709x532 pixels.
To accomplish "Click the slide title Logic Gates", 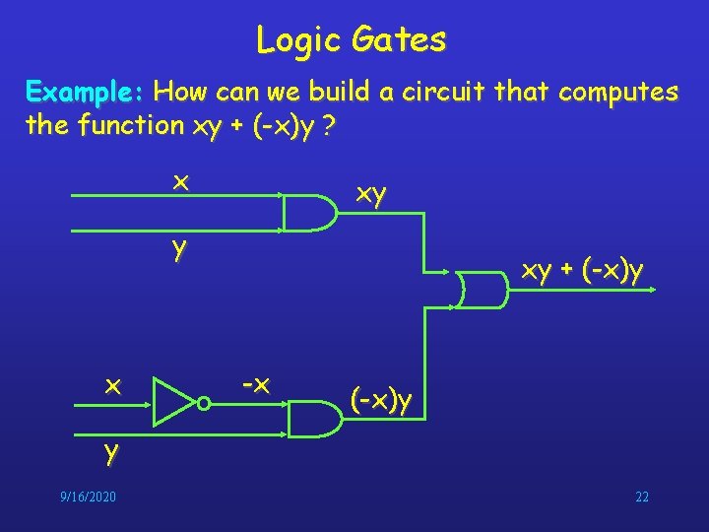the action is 351,39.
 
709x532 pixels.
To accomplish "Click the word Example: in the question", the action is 86,93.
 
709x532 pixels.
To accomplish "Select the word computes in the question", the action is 617,93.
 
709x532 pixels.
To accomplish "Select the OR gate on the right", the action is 482,288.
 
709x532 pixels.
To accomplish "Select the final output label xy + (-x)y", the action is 583,270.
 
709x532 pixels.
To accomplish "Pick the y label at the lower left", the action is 112,452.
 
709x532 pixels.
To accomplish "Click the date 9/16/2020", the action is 88,497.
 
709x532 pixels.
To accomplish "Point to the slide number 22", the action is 641,497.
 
